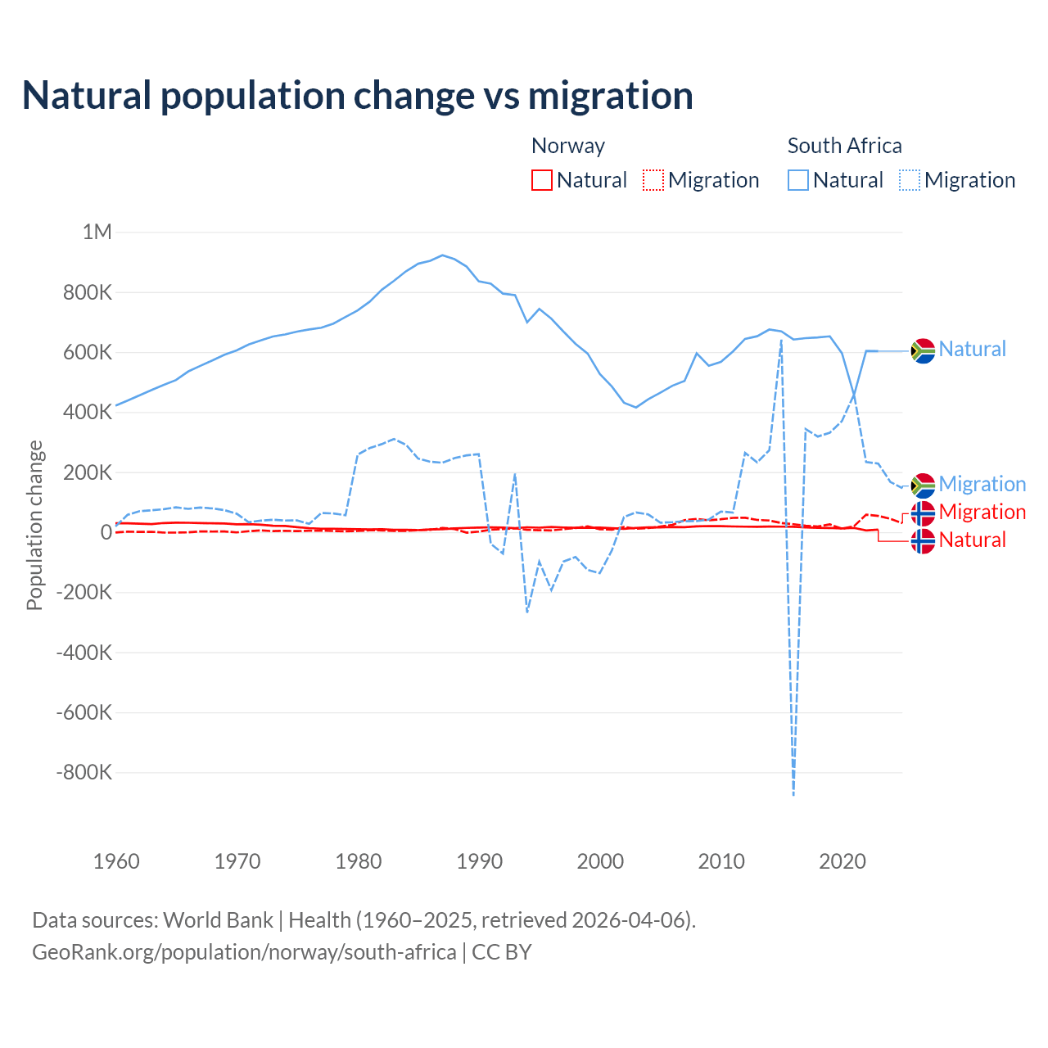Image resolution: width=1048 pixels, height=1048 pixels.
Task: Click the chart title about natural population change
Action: pos(358,96)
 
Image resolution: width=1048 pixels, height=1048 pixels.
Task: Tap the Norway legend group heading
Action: pos(568,146)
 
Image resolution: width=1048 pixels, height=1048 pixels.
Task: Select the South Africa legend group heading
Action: pos(844,146)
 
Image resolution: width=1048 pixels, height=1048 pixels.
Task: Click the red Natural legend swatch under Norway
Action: pos(542,180)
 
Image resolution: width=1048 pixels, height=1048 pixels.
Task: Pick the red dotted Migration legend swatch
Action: pos(653,180)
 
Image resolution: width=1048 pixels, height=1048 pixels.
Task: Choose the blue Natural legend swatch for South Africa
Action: pos(798,180)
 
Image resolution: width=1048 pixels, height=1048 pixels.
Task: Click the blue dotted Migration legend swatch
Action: pos(910,180)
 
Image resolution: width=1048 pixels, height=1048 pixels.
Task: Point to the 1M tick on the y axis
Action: pos(97,232)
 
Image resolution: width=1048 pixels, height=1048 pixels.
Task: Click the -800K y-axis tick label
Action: pos(84,772)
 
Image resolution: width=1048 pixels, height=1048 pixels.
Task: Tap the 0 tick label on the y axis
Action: pos(106,532)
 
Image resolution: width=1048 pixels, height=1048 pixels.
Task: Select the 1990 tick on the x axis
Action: pos(480,861)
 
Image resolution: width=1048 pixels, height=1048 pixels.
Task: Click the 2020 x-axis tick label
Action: pos(842,861)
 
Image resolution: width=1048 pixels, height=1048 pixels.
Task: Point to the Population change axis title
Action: pos(34,526)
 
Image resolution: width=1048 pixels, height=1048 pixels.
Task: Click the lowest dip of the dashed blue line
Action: pos(793,793)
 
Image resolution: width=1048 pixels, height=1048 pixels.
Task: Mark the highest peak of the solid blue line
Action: pos(443,255)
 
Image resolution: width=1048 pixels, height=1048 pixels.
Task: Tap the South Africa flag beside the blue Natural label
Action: pos(923,350)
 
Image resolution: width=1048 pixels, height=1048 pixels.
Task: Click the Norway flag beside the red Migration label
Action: pos(923,513)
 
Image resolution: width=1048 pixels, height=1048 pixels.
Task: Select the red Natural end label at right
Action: pos(972,540)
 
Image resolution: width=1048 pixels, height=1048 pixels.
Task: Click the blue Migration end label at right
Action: pos(982,485)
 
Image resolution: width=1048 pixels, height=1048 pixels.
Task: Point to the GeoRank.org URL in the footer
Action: pos(244,952)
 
